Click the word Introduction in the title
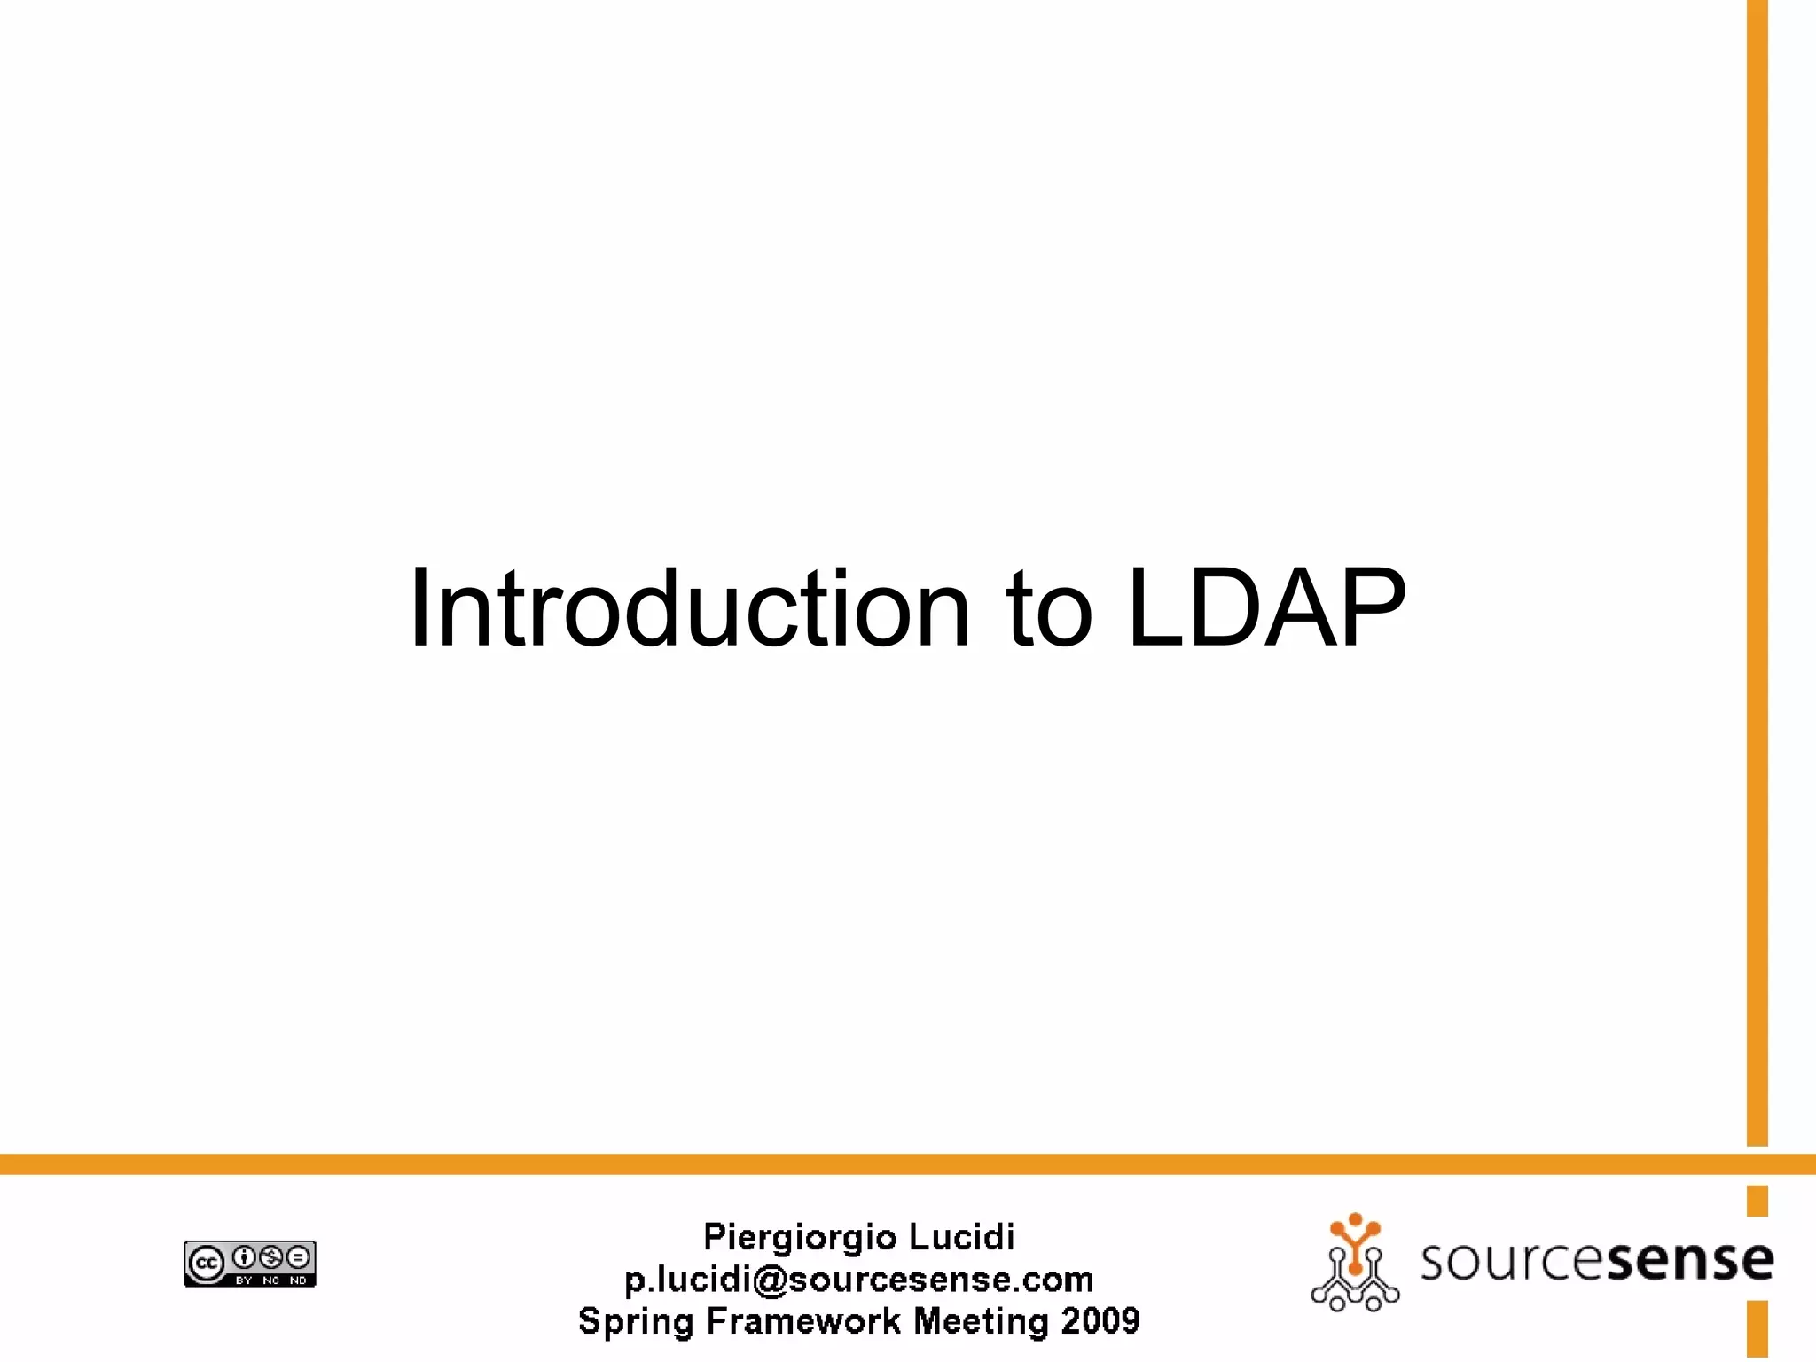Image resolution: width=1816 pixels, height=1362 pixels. (x=690, y=609)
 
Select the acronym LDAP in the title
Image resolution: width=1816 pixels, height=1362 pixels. (x=1266, y=609)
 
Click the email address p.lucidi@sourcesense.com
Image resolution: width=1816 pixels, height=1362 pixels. (x=858, y=1280)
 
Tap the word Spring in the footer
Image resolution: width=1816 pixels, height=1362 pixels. (x=636, y=1322)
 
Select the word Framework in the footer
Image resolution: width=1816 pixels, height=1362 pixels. (x=802, y=1321)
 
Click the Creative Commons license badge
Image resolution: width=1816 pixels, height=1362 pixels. (x=250, y=1264)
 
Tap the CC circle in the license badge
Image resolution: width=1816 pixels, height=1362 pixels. (x=207, y=1264)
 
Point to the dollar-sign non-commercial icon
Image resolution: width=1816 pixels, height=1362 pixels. (x=271, y=1256)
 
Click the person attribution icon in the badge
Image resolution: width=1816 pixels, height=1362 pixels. (x=244, y=1256)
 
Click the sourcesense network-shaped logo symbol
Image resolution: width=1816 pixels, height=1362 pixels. (x=1355, y=1263)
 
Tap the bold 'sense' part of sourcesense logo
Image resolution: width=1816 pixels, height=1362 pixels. (x=1689, y=1261)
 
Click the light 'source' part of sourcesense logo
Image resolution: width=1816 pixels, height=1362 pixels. (x=1514, y=1261)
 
